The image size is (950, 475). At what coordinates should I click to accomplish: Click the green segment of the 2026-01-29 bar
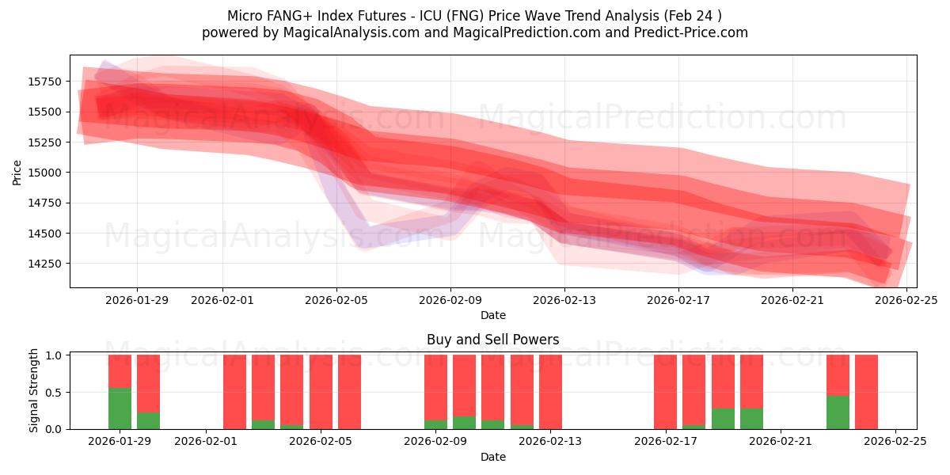pyautogui.click(x=120, y=408)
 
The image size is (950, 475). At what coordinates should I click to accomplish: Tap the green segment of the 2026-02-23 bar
pyautogui.click(x=838, y=412)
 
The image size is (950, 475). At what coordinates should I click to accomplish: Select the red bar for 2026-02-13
pyautogui.click(x=550, y=392)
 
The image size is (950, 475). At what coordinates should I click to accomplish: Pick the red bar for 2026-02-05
pyautogui.click(x=321, y=392)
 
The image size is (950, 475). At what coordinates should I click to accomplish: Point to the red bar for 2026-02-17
pyautogui.click(x=665, y=392)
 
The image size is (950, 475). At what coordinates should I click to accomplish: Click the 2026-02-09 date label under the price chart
pyautogui.click(x=450, y=300)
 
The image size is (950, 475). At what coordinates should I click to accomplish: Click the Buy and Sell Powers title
pyautogui.click(x=492, y=340)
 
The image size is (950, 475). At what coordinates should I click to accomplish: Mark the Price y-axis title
pyautogui.click(x=17, y=172)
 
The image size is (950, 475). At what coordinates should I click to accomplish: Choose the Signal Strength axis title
pyautogui.click(x=33, y=391)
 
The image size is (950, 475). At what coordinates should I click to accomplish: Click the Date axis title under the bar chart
pyautogui.click(x=492, y=457)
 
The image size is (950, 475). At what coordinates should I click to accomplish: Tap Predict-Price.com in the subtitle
pyautogui.click(x=693, y=32)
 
